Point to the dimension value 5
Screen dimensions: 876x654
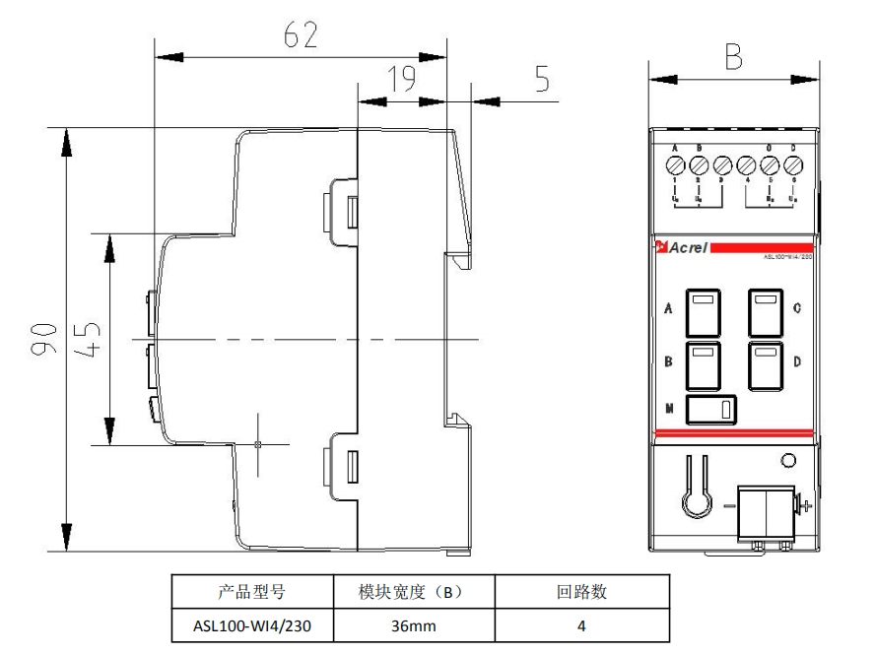[542, 80]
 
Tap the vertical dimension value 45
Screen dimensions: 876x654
[90, 338]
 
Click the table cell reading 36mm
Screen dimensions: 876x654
[413, 625]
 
